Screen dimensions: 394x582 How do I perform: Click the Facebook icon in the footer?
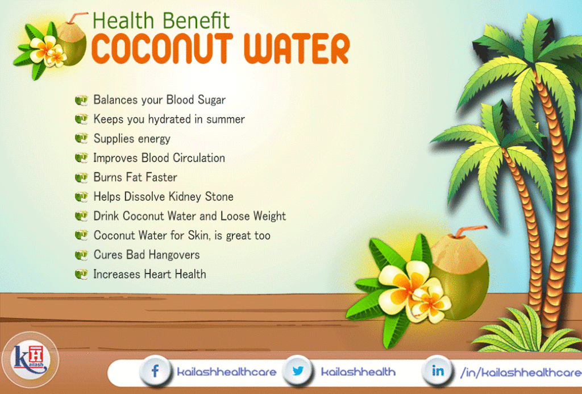pyautogui.click(x=155, y=372)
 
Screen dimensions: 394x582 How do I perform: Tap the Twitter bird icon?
pyautogui.click(x=297, y=372)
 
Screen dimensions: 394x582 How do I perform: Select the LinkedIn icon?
pyautogui.click(x=438, y=372)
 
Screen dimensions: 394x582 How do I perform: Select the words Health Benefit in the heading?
pyautogui.click(x=161, y=20)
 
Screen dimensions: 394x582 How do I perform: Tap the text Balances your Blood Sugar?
pyautogui.click(x=159, y=100)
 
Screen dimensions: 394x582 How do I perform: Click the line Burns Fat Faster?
pyautogui.click(x=135, y=177)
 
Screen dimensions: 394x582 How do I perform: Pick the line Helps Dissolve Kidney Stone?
pyautogui.click(x=163, y=197)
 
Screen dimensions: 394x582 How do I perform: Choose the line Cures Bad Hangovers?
pyautogui.click(x=146, y=255)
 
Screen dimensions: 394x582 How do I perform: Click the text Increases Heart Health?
pyautogui.click(x=149, y=274)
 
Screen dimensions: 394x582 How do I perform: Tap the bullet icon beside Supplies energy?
pyautogui.click(x=81, y=138)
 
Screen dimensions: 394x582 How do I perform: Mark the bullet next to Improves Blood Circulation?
pyautogui.click(x=81, y=157)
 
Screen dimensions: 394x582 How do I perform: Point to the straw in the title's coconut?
pyautogui.click(x=80, y=16)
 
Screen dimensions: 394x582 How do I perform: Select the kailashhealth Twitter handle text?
pyautogui.click(x=358, y=372)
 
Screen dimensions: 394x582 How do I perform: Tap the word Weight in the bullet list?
pyautogui.click(x=269, y=216)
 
